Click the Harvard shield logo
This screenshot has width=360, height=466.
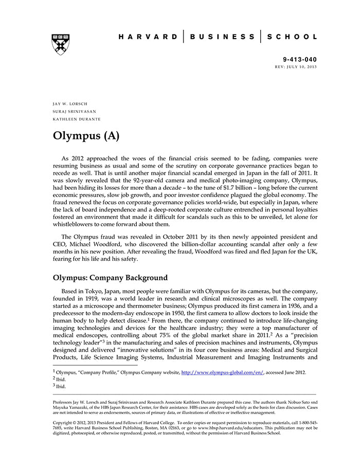[x=61, y=44]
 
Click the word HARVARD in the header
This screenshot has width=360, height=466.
[x=148, y=37]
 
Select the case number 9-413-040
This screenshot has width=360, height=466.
[x=299, y=60]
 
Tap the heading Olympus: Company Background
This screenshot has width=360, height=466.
[x=110, y=278]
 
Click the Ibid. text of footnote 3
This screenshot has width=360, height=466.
[x=61, y=386]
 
